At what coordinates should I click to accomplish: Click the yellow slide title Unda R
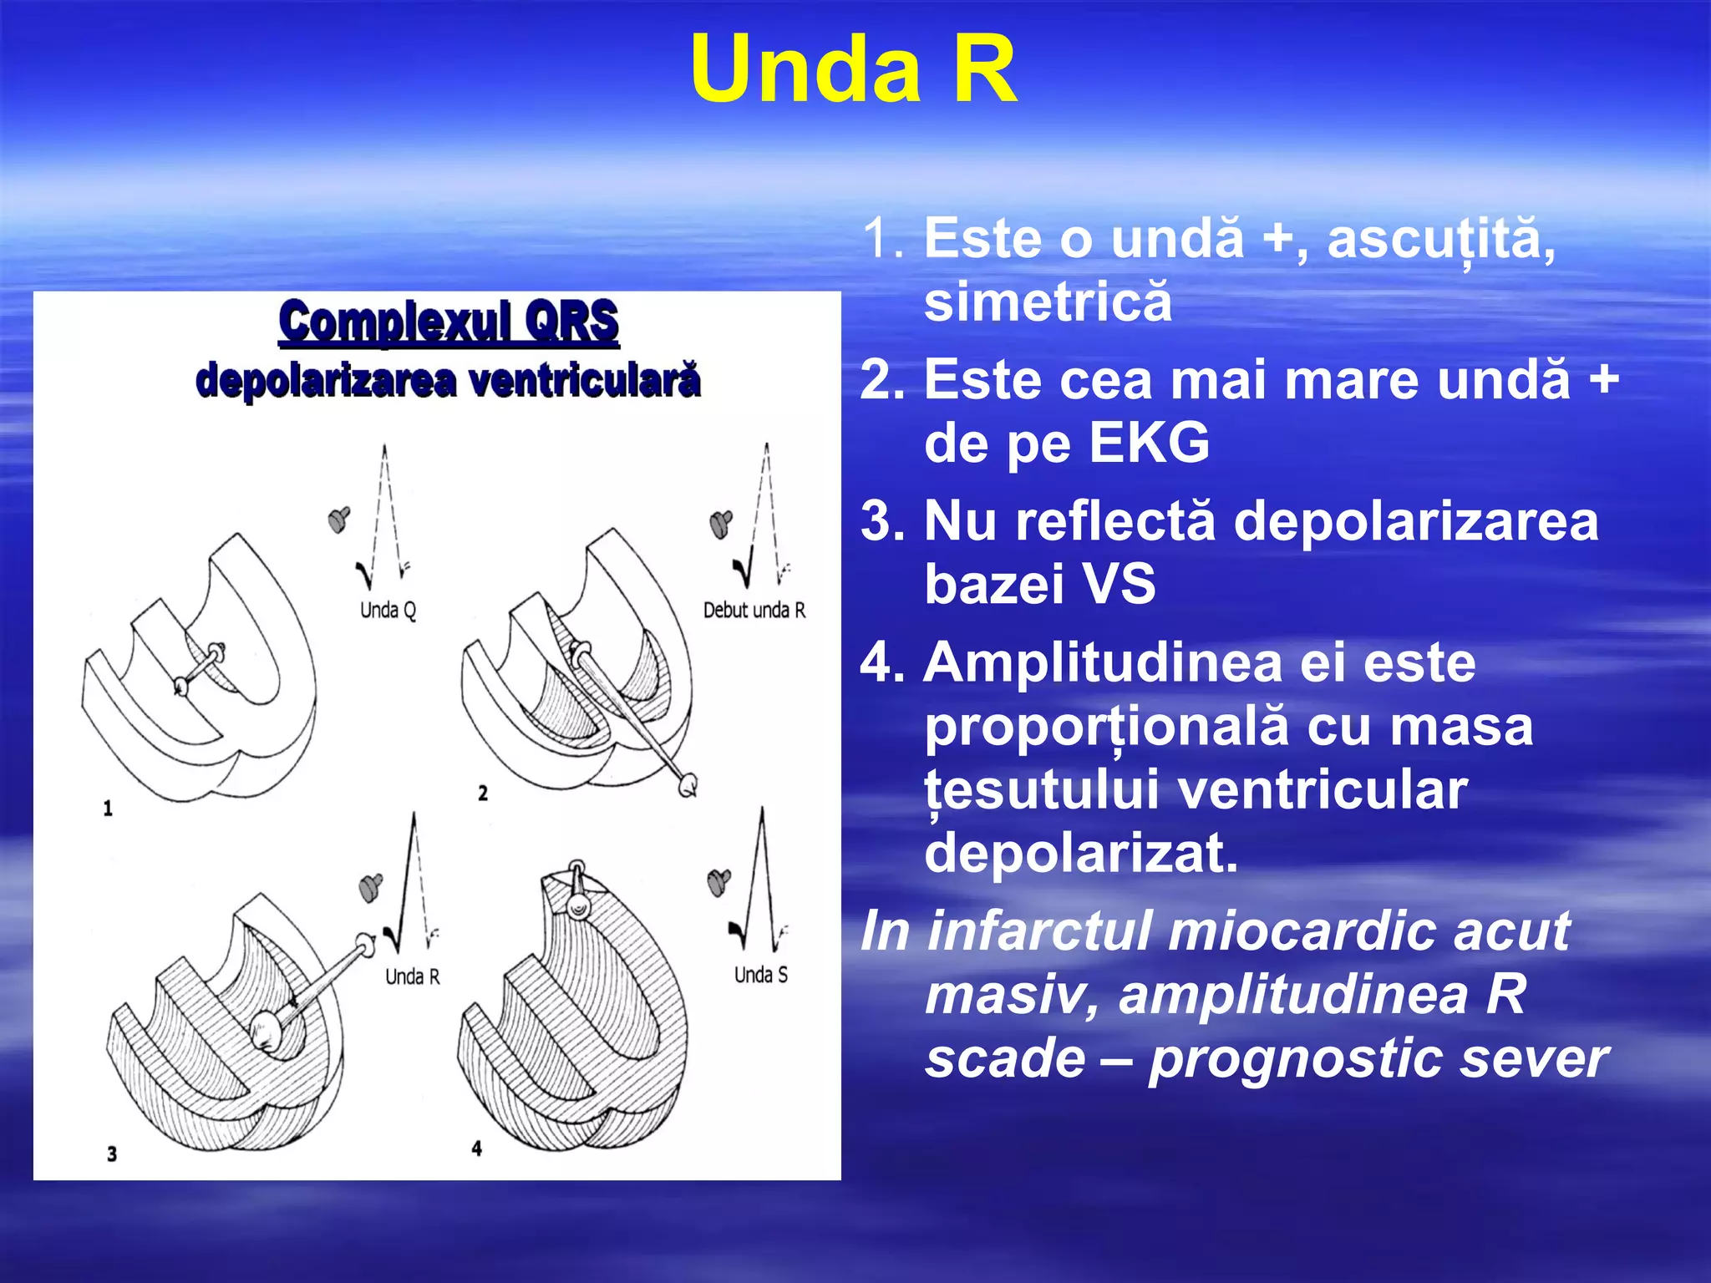tap(853, 70)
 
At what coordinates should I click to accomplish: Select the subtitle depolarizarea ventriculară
tap(448, 381)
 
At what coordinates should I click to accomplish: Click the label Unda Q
tap(388, 610)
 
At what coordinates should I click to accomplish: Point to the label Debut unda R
tap(754, 610)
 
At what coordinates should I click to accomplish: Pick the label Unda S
tap(760, 974)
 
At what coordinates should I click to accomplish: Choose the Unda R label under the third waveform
tap(412, 976)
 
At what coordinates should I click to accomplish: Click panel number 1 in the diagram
tap(108, 808)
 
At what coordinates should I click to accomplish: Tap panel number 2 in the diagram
tap(483, 793)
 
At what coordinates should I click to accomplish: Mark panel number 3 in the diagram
tap(112, 1154)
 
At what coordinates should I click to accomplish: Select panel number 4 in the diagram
tap(476, 1149)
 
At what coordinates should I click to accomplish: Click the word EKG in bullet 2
tap(1150, 442)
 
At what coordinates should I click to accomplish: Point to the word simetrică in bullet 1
tap(1048, 302)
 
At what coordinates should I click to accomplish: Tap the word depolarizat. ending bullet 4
tap(1081, 853)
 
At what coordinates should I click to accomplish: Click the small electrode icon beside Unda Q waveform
tap(339, 519)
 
